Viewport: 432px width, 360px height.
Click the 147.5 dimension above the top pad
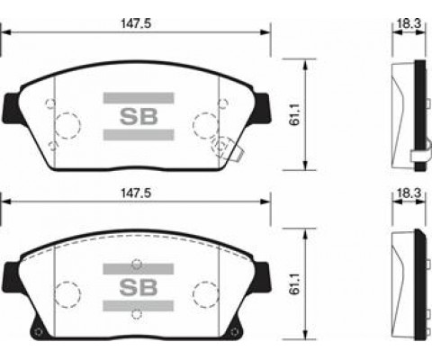136,23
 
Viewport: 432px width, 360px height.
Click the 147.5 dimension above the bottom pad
136,193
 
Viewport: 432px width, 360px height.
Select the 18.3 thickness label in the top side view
409,23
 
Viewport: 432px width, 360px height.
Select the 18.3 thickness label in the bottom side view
409,193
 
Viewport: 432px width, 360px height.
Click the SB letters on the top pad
139,117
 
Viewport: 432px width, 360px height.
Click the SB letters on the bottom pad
139,287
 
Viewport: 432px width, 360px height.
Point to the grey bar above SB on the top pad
139,98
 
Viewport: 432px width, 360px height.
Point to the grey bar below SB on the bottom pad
139,306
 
